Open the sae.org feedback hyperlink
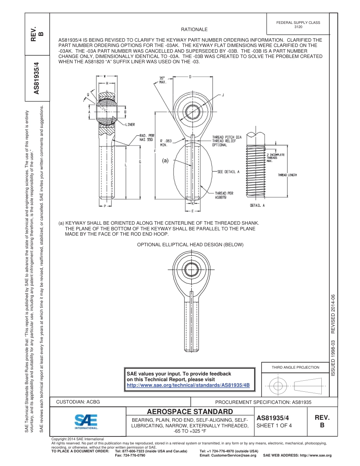[188, 385]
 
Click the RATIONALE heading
[194, 30]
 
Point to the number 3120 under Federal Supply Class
[298, 27]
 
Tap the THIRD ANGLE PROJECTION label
[295, 367]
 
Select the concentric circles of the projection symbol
[278, 386]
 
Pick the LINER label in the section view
[130, 124]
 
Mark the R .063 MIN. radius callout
[166, 142]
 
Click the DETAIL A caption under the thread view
[257, 205]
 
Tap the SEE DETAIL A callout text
[229, 172]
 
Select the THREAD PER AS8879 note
[224, 195]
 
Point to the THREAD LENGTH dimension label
[287, 175]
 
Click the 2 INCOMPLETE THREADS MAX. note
[275, 158]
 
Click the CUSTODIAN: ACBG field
[78, 402]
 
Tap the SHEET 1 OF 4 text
[274, 425]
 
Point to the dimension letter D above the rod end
[190, 77]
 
